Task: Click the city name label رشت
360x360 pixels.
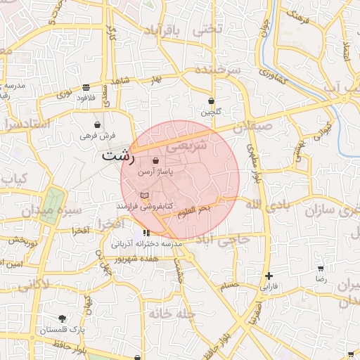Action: click(x=117, y=156)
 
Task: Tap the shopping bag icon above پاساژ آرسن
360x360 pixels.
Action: click(x=155, y=161)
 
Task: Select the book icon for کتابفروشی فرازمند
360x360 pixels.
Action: click(x=145, y=195)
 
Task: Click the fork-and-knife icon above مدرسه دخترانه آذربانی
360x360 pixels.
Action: click(x=146, y=233)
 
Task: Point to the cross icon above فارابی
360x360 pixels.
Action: click(x=269, y=276)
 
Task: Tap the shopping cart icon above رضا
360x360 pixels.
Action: click(x=321, y=269)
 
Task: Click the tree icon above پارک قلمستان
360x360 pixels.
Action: click(x=62, y=319)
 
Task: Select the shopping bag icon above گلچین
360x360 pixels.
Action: click(x=211, y=101)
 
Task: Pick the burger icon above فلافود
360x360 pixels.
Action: click(x=86, y=88)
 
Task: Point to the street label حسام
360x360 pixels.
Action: click(x=229, y=285)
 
